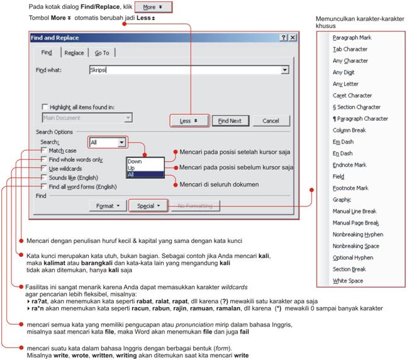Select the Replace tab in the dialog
tap(74, 53)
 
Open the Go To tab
tap(101, 53)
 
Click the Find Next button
tap(230, 121)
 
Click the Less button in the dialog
tap(189, 121)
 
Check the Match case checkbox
tap(43, 152)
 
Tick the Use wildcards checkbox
tap(43, 169)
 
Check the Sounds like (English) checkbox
tap(43, 178)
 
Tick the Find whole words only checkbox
tap(43, 160)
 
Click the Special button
tap(148, 206)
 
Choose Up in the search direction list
tap(131, 168)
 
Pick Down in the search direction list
tap(135, 162)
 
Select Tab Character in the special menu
tap(350, 49)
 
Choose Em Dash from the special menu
tap(343, 142)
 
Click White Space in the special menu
tap(347, 281)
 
